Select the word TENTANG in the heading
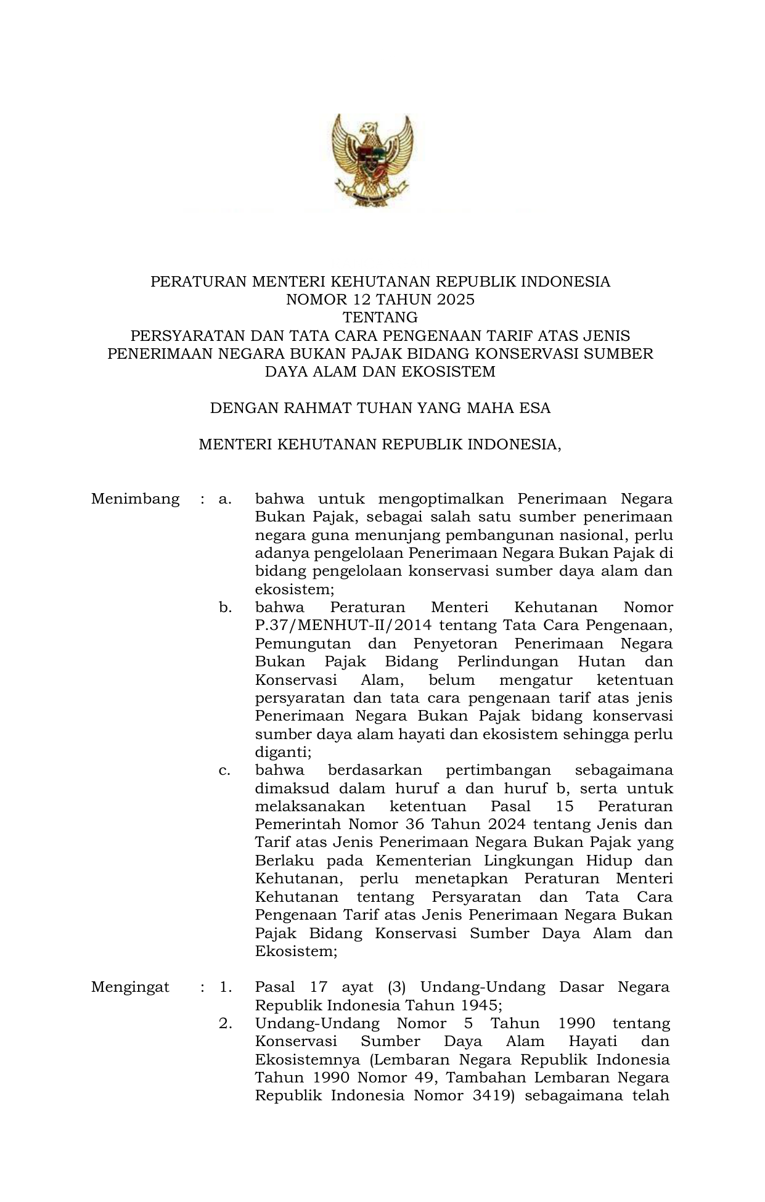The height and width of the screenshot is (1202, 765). pos(380,318)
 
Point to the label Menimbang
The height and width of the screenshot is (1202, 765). pos(135,499)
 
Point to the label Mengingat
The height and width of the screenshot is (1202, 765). pos(130,987)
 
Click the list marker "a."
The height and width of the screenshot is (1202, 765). pos(225,499)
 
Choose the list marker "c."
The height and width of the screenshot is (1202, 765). pos(225,771)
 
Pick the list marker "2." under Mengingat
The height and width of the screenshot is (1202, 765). pos(225,1023)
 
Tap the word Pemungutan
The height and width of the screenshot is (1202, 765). pos(303,644)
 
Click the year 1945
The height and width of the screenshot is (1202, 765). pos(478,1005)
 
